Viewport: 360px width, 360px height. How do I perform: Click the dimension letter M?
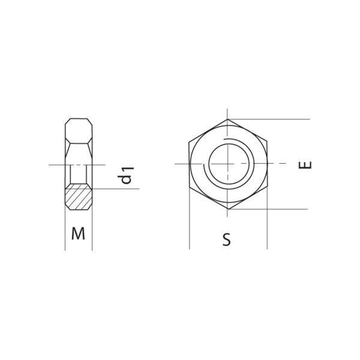pos(78,233)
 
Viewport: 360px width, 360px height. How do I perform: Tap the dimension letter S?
pos(227,239)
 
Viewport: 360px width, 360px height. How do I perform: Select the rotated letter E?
pos(305,165)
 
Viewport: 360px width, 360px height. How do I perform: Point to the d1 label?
pos(125,176)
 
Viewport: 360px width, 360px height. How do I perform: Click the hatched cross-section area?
pos(79,197)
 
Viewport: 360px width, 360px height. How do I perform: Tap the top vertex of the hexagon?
pos(227,119)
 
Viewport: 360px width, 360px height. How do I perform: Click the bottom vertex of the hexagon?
pos(229,209)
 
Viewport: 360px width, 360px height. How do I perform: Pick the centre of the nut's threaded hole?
pos(228,164)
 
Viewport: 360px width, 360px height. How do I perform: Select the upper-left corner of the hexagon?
pos(189,142)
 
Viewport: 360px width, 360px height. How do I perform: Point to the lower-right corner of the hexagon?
pos(267,187)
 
